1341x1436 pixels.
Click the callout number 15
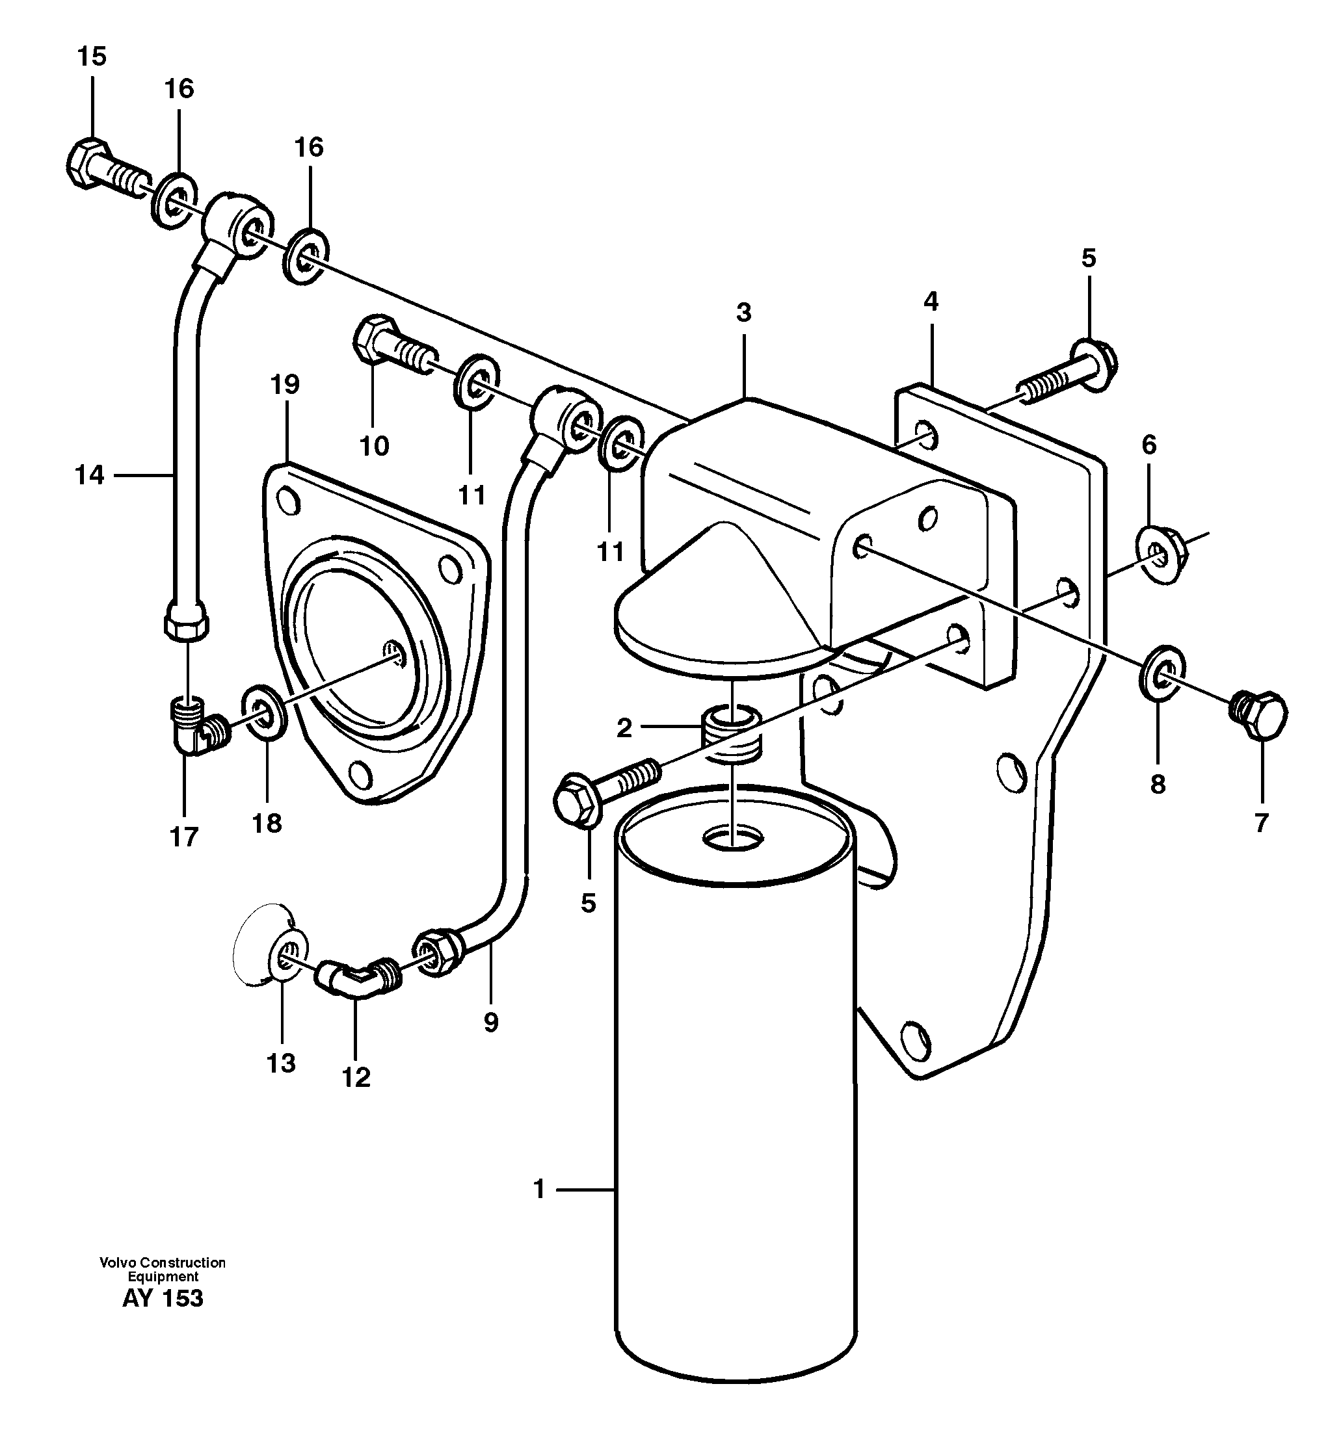[92, 57]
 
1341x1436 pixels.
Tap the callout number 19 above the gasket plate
[285, 385]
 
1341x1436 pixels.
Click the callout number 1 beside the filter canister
[539, 1190]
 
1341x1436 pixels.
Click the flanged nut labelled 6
[1160, 555]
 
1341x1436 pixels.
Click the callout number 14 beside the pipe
[90, 475]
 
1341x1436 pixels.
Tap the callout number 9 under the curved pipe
[490, 1023]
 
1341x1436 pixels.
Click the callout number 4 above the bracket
[931, 302]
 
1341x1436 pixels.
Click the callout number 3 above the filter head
[743, 313]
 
